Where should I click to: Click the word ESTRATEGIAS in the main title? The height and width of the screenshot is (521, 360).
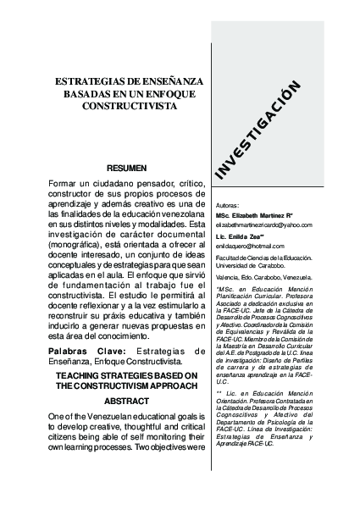coord(82,80)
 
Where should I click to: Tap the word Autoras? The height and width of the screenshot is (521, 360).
coord(229,206)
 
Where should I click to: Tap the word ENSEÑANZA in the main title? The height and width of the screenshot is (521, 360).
coord(169,80)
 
